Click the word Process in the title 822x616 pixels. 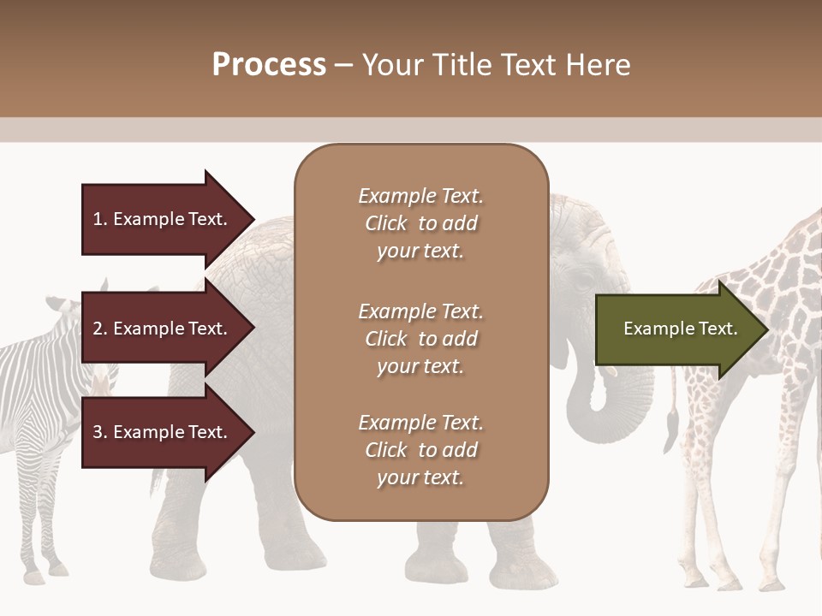click(x=269, y=65)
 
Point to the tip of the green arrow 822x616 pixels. click(x=766, y=329)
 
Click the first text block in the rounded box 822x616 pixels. click(x=420, y=223)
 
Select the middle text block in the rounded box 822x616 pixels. click(x=420, y=339)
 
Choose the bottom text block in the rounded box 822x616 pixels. click(x=420, y=450)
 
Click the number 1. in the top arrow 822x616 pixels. click(x=99, y=219)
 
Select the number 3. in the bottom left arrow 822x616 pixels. click(x=99, y=432)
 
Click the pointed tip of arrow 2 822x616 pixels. click(x=253, y=329)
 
